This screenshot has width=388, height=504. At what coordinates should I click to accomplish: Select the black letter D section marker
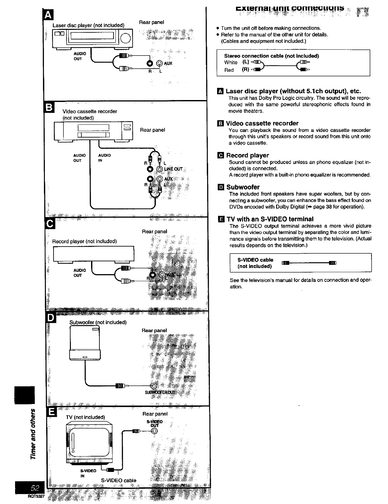(x=52, y=317)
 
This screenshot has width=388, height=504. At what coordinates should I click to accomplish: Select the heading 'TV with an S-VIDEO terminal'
(x=270, y=219)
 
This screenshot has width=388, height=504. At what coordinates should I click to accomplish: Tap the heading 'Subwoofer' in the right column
(x=243, y=187)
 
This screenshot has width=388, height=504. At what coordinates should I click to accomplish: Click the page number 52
(x=35, y=488)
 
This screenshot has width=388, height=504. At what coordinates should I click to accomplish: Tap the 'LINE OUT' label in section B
(x=173, y=169)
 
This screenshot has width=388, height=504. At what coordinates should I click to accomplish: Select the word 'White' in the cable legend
(x=231, y=62)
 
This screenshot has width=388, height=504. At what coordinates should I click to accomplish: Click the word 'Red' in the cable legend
(x=229, y=70)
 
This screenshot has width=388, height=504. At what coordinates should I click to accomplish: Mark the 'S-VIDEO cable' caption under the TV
(x=119, y=480)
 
